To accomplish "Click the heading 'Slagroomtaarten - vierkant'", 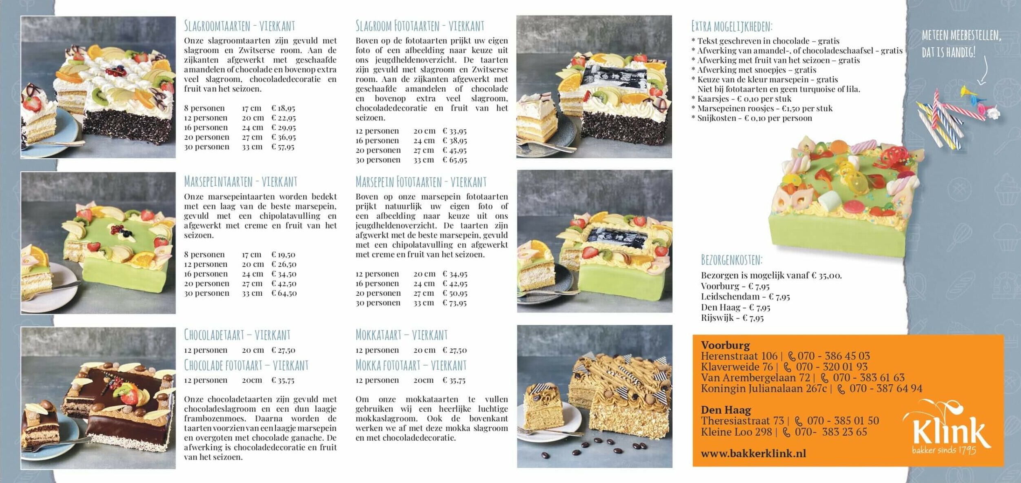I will [239, 26].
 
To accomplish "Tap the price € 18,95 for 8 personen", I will [283, 108].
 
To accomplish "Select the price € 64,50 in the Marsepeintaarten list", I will [284, 293].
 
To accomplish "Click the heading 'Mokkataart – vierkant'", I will [402, 335].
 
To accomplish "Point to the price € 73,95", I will [455, 303].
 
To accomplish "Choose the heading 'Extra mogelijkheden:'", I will [732, 27].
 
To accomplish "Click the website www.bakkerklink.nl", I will [753, 453].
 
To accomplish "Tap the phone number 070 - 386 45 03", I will [834, 356].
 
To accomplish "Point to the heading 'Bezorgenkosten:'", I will [731, 260].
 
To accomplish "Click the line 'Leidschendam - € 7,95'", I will [745, 297].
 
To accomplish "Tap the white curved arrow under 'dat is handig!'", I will [984, 71].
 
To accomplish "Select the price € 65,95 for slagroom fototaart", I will [455, 160].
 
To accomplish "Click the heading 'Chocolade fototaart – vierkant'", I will [246, 365].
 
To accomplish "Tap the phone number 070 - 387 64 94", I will [886, 388].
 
